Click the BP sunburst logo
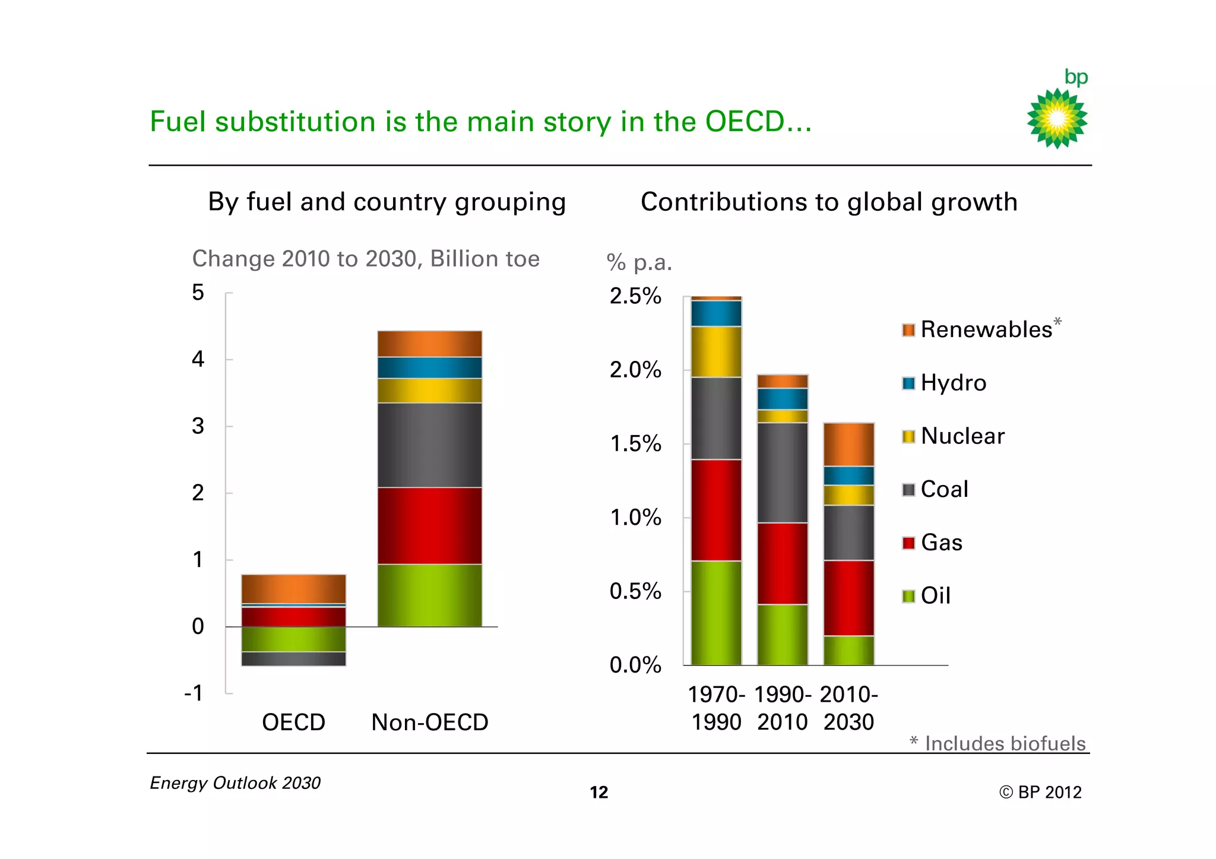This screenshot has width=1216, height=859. click(1057, 118)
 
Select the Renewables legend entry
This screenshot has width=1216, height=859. click(986, 329)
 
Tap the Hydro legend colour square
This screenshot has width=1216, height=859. click(908, 383)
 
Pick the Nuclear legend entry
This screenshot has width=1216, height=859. click(962, 436)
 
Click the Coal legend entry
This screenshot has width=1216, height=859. click(944, 490)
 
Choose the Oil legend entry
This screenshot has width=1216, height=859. click(935, 595)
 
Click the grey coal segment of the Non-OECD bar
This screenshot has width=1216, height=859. click(430, 445)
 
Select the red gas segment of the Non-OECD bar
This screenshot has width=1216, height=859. click(430, 525)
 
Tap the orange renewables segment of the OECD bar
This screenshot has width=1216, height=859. click(293, 588)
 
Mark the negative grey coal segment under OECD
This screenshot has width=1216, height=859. click(293, 659)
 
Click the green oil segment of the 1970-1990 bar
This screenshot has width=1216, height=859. click(716, 613)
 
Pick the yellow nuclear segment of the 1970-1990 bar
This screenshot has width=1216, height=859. click(716, 351)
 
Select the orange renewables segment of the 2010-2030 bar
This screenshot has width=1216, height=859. click(848, 445)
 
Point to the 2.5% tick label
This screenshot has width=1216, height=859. click(635, 296)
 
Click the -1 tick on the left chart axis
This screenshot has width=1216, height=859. click(194, 693)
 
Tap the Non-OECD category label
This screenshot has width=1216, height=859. click(430, 722)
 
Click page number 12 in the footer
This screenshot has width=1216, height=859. click(598, 793)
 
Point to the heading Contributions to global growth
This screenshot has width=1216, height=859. click(829, 202)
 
